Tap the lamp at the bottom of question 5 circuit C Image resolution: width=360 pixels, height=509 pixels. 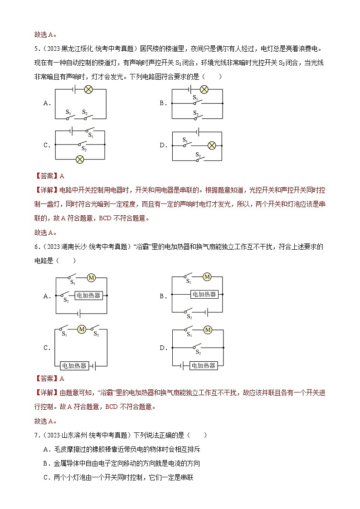(x=80, y=159)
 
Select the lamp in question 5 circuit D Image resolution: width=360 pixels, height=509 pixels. (x=211, y=145)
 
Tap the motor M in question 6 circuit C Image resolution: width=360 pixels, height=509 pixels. (x=82, y=329)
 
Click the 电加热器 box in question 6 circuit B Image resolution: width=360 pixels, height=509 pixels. (x=204, y=294)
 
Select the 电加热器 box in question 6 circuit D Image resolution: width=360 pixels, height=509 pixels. (x=203, y=365)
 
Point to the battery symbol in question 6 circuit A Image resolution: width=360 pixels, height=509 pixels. (x=79, y=313)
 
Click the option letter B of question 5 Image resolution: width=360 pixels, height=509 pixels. (x=163, y=103)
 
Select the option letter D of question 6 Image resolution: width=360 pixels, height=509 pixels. (x=163, y=348)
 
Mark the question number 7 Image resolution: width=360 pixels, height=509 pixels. (x=36, y=435)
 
